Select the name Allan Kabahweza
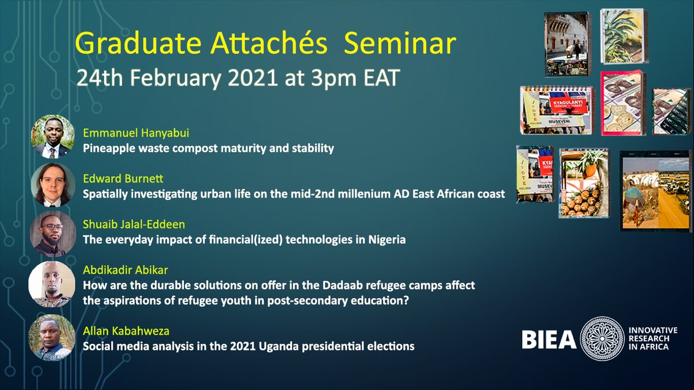121,331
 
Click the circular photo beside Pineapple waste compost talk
53,137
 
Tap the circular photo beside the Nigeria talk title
53,233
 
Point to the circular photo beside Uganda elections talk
53,338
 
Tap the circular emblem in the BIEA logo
602,339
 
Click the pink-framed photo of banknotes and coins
623,102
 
